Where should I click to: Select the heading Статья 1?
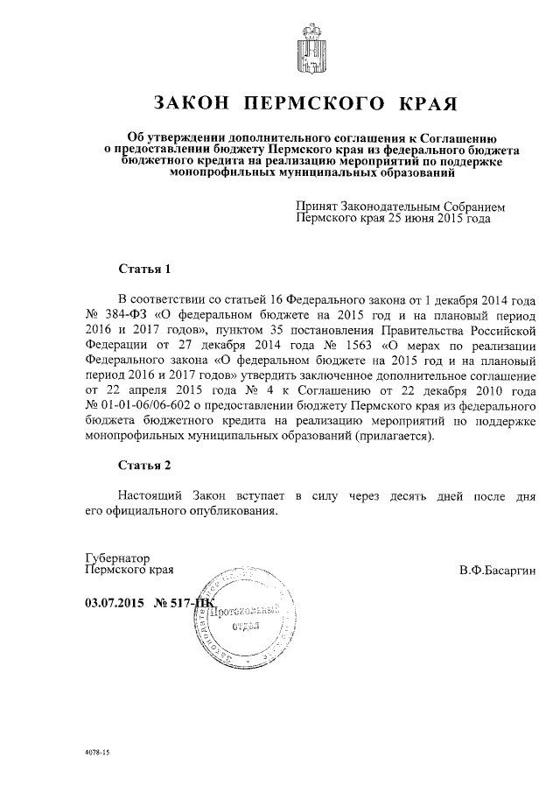pos(143,268)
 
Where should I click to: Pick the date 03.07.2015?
pos(114,602)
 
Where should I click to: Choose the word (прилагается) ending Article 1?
pos(394,436)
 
